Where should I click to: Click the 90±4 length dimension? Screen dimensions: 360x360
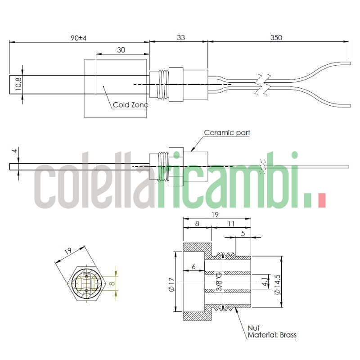tap(78, 38)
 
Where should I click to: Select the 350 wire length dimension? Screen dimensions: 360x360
tap(276, 38)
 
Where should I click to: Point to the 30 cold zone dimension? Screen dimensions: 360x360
tap(121, 50)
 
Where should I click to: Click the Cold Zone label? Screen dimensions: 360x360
tap(130, 105)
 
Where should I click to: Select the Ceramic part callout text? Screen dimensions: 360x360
tap(227, 132)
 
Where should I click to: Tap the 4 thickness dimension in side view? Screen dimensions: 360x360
tap(15, 151)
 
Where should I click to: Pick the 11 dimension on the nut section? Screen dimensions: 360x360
tap(231, 222)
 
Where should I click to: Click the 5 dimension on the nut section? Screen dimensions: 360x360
tap(243, 233)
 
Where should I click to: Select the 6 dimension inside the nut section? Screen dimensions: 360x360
tap(193, 267)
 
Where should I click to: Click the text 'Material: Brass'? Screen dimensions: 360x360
tap(272, 335)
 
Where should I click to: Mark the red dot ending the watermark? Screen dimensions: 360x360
tap(321, 201)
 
